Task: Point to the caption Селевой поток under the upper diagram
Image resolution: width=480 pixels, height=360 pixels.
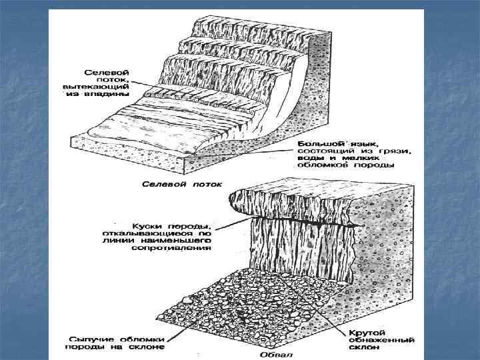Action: pyautogui.click(x=182, y=183)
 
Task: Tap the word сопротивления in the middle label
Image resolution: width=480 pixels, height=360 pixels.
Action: pyautogui.click(x=176, y=248)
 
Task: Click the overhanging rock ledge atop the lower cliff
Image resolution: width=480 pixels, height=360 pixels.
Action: pyautogui.click(x=287, y=197)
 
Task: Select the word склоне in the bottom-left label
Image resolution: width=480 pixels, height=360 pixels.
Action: pyautogui.click(x=153, y=346)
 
